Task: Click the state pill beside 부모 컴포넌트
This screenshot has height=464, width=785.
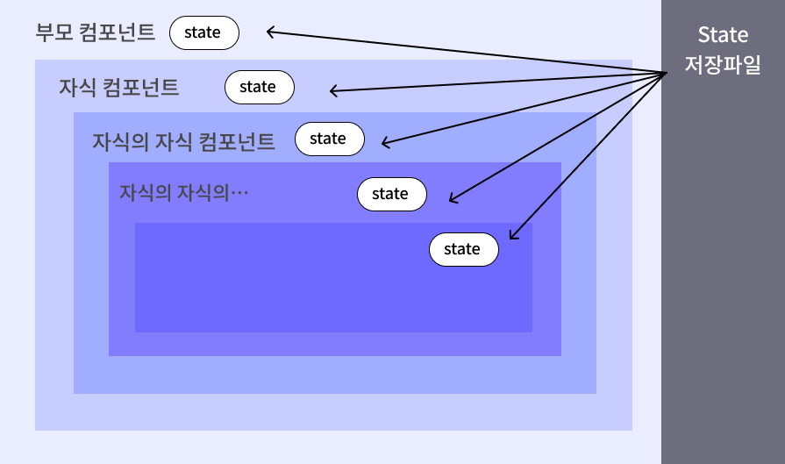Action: point(203,33)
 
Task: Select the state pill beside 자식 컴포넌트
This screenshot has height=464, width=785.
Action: point(259,87)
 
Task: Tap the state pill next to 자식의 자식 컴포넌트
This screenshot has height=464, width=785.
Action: point(329,139)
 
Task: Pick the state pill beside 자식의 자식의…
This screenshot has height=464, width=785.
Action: point(391,194)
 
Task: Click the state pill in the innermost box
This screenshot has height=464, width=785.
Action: point(463,249)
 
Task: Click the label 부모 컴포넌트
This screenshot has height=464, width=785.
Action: point(95,33)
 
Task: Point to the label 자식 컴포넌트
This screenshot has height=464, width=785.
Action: point(118,88)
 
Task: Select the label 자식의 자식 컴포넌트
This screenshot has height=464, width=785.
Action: point(183,140)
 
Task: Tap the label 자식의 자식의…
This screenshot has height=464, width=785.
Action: point(184,191)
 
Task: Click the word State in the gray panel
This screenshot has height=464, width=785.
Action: point(723,35)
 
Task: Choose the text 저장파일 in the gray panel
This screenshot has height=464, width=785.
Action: point(723,66)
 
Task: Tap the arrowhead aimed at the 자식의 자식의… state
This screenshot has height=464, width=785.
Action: point(451,200)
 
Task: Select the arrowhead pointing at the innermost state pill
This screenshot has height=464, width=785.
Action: point(511,236)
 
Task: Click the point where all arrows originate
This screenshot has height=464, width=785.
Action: point(667,73)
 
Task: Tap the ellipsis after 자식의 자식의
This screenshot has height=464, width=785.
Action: point(239,191)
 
